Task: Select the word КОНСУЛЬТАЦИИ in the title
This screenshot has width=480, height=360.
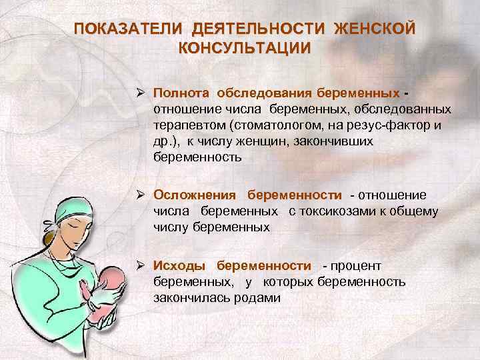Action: tap(245, 48)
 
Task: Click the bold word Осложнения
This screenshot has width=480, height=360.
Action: tap(195, 195)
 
